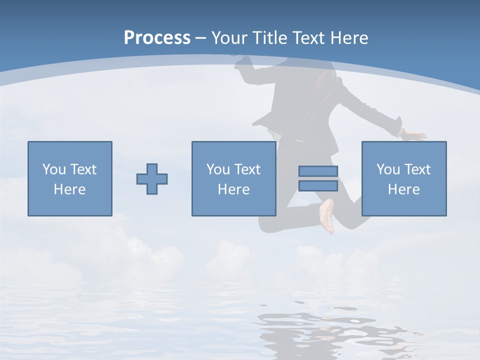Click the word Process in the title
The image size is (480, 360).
(157, 38)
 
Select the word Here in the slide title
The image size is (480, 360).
(348, 38)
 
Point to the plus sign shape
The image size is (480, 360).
(152, 179)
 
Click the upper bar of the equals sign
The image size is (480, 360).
(318, 171)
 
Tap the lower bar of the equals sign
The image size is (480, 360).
(318, 185)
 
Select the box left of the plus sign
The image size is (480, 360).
(70, 178)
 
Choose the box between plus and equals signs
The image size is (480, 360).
(233, 178)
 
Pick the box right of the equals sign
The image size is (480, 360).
(403, 178)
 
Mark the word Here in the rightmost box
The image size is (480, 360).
(403, 189)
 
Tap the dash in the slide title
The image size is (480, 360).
(200, 38)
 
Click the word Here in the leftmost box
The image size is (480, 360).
(70, 189)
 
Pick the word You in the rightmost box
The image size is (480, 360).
(388, 169)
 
